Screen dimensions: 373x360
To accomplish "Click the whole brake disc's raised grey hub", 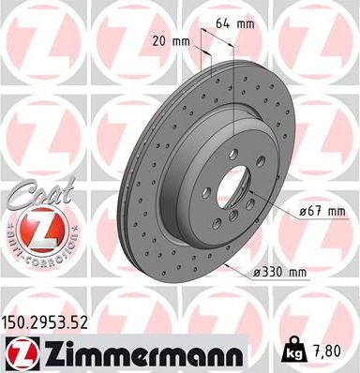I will pos(202,187).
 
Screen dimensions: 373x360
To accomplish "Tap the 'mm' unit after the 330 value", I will pos(299,273).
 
